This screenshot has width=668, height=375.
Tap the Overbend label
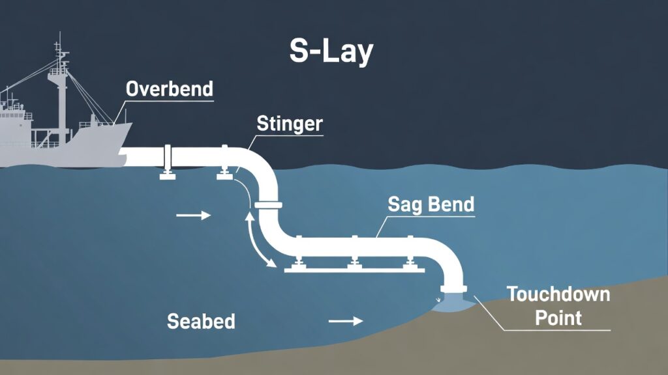coord(170,89)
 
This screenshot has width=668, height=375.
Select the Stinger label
coord(290,123)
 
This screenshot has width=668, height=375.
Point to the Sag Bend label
coord(431,204)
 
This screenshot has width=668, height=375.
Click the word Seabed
coord(201,321)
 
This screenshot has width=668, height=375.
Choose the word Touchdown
coord(558,294)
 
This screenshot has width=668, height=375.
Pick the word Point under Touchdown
coord(558,318)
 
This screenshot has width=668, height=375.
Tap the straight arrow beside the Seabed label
coord(345,321)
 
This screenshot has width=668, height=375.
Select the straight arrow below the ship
coord(194,215)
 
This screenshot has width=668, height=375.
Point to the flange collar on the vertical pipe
coord(268,206)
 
